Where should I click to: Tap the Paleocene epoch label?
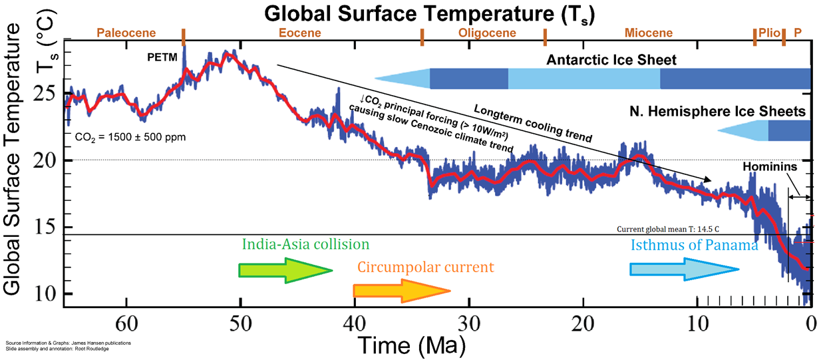(126, 33)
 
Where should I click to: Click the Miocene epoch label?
(648, 33)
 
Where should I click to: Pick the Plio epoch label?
(768, 33)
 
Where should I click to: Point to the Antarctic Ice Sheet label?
(611, 61)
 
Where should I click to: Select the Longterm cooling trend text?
(532, 122)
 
